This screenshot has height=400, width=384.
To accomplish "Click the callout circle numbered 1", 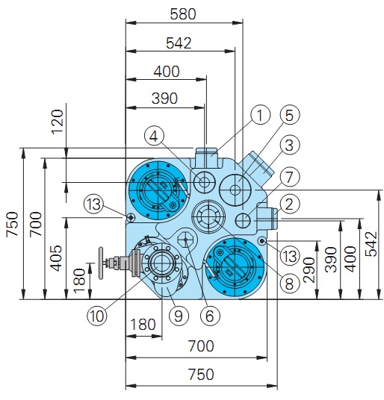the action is pos(260,115).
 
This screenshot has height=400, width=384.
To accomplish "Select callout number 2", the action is pos(289,204).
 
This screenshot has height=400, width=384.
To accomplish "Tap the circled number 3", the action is pos(289,145).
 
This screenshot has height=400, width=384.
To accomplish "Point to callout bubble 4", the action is pos(154,137).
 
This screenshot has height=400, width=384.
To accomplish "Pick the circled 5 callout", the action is pos(290,115).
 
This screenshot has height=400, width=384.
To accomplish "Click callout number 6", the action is pos(210,316).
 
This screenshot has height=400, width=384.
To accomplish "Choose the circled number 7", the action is pos(289,177).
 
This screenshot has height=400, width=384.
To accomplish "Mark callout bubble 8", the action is pos(289,284).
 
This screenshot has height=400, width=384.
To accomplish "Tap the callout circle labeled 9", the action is pos(179,316).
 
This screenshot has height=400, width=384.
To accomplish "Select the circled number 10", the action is pos(96,316).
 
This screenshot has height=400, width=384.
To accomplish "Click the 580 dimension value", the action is pos(183,14).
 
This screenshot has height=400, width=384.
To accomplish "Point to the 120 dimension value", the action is pos(58,121).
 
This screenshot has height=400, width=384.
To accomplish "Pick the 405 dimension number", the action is pos(56,258).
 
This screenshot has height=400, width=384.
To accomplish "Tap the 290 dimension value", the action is pos(309,270).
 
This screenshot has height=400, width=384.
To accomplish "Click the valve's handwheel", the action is pos(101,263).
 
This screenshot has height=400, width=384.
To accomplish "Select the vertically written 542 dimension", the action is pos(371,244).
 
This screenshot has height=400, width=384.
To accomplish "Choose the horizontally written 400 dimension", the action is pos(167,72).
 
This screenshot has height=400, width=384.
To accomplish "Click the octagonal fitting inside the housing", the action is pos(186,240).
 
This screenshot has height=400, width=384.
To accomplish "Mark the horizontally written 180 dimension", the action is pos(143,325).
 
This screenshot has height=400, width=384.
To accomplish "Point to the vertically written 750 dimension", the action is pos(12,224).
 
